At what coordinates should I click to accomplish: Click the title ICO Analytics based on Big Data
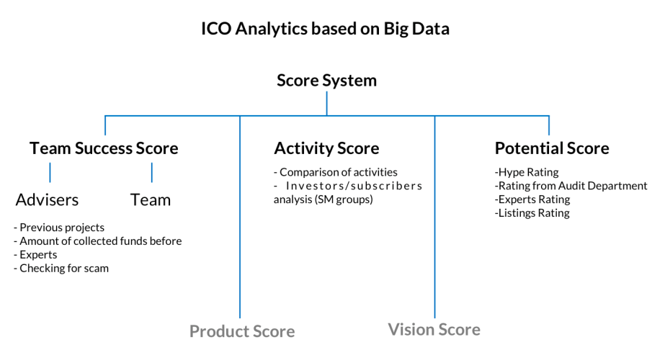[325, 29]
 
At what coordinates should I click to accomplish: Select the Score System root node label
[326, 81]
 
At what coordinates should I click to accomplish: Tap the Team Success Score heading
[104, 148]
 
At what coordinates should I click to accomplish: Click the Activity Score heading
[326, 148]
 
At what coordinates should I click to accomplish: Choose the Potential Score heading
[552, 148]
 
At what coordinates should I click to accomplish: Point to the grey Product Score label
[242, 331]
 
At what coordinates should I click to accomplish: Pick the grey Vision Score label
[434, 330]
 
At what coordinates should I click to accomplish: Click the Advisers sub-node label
[47, 199]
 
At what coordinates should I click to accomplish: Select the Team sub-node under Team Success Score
[151, 199]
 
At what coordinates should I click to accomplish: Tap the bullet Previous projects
[59, 228]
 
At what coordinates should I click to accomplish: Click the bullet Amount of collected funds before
[97, 241]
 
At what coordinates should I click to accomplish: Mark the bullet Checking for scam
[61, 269]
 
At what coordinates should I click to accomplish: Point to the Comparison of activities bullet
[336, 172]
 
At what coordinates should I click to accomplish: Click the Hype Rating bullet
[527, 172]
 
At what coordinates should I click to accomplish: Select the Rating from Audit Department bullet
[571, 186]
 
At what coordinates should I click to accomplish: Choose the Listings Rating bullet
[532, 213]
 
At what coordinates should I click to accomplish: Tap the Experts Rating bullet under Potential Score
[532, 199]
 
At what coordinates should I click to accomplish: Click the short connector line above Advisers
[50, 173]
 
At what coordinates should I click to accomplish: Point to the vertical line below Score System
[326, 104]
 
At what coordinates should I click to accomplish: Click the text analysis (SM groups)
[323, 199]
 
